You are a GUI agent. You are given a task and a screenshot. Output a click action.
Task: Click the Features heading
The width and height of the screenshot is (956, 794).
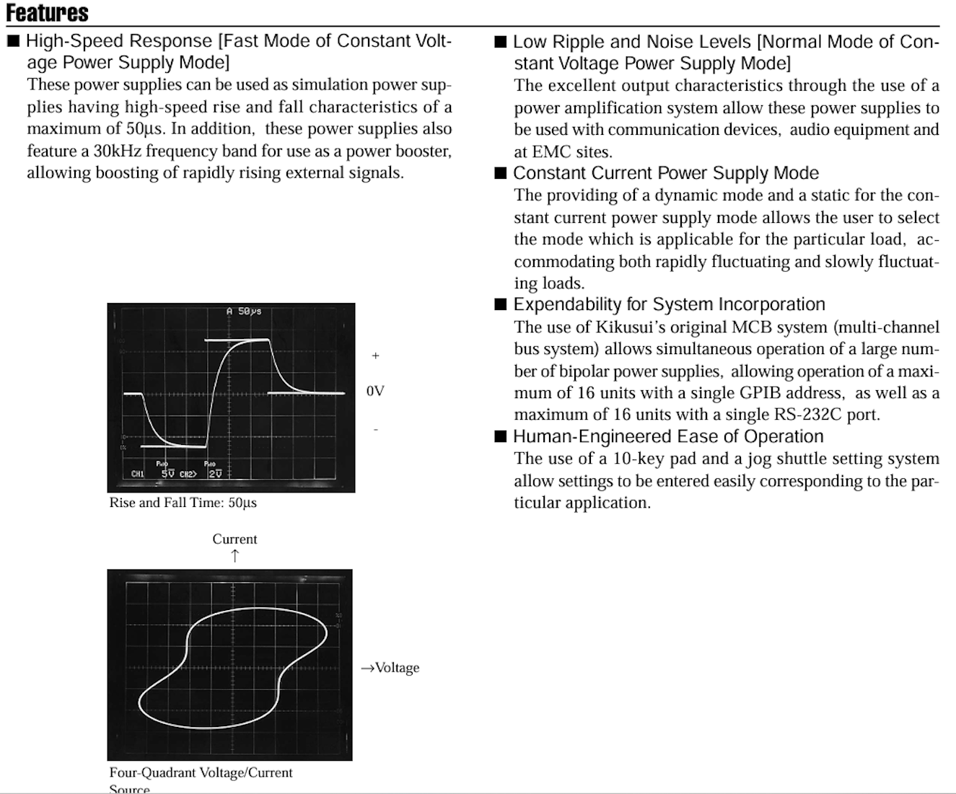(48, 13)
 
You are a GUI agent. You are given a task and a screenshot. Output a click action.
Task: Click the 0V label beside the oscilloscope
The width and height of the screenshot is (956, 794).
(375, 391)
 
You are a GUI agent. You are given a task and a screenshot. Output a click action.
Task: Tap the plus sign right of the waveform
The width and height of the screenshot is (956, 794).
(375, 356)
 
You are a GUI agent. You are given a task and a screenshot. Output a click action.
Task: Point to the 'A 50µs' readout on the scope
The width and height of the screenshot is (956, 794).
(244, 312)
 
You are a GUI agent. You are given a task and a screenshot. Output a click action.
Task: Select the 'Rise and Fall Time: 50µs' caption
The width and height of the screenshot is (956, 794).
(183, 503)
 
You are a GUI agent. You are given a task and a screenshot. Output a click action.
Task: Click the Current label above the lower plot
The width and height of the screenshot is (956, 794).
(234, 539)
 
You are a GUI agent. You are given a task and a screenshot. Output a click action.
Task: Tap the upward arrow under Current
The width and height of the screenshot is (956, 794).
(234, 555)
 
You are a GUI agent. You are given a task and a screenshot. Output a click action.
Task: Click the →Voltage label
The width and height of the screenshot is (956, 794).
(390, 668)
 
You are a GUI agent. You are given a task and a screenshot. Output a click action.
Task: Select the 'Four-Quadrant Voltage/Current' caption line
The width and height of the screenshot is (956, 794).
(201, 772)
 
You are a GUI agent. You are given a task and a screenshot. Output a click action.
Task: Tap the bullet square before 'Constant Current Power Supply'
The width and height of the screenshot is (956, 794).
(501, 173)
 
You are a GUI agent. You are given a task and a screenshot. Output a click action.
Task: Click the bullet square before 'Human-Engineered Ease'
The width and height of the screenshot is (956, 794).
(501, 436)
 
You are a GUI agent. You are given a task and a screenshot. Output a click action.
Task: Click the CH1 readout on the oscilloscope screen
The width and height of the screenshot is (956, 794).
(138, 474)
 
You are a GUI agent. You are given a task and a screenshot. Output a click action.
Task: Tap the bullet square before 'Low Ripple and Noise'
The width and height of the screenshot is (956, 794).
(501, 42)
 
